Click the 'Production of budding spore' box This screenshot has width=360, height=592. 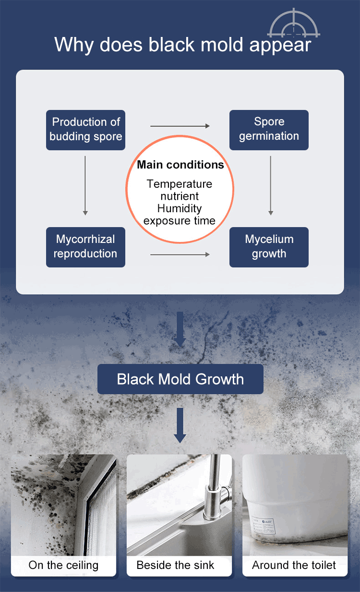point(85,130)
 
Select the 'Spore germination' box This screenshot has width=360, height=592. point(269,130)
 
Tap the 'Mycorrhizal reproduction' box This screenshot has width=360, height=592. point(85,247)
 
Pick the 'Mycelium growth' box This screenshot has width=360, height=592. point(269,247)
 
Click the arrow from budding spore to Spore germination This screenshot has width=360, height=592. point(180,126)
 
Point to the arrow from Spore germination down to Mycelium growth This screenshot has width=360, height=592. point(271,185)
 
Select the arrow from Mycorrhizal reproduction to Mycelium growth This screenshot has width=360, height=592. point(180,254)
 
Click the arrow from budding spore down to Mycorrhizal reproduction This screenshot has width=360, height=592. point(85,185)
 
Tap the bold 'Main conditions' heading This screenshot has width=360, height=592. point(180,165)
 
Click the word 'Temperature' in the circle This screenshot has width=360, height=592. point(180,184)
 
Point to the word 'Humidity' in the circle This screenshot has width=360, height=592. point(180,209)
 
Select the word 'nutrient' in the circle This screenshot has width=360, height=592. point(180,196)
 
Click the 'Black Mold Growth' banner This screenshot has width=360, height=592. point(180,379)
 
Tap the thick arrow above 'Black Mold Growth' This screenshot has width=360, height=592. point(180,329)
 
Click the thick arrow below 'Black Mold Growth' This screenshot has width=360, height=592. point(180,425)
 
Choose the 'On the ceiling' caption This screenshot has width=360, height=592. point(63,565)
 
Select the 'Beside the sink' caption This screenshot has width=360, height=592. point(175,565)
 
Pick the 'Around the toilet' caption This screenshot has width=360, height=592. point(294,565)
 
